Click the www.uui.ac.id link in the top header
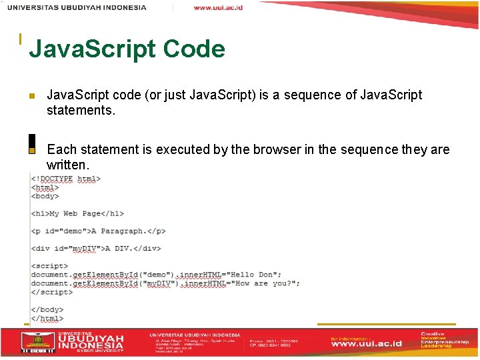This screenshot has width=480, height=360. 218,7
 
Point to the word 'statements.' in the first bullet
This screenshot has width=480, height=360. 81,110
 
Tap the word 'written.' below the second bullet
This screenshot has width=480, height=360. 67,165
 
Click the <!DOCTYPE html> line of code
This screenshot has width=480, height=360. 66,179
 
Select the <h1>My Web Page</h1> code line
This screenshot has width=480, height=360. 77,214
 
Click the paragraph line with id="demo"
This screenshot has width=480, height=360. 98,231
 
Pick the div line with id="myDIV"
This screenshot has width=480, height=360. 96,249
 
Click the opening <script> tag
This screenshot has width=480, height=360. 49,266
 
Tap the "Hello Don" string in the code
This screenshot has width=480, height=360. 256,275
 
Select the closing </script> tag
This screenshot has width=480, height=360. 51,292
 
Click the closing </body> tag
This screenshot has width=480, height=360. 47,309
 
